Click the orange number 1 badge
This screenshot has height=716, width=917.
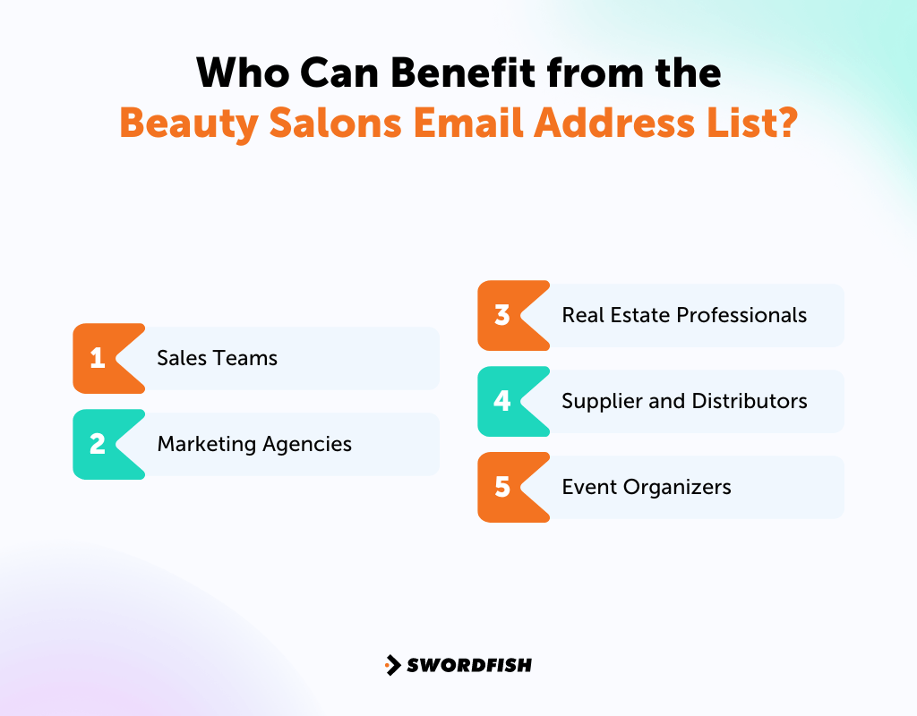tap(99, 358)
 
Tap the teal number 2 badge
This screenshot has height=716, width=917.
tap(99, 444)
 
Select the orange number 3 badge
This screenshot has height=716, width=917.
tap(503, 315)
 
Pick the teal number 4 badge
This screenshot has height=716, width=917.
tap(503, 401)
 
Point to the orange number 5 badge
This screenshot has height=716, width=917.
tap(503, 487)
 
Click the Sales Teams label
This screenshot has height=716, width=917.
tap(217, 358)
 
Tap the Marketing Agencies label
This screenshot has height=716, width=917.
tap(254, 444)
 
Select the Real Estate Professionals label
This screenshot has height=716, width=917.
tap(684, 315)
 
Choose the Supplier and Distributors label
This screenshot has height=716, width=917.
tap(684, 401)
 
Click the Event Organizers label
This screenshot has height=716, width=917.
tap(647, 487)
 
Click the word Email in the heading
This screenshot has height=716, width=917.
tap(467, 123)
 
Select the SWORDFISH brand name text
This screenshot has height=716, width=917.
tap(469, 665)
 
